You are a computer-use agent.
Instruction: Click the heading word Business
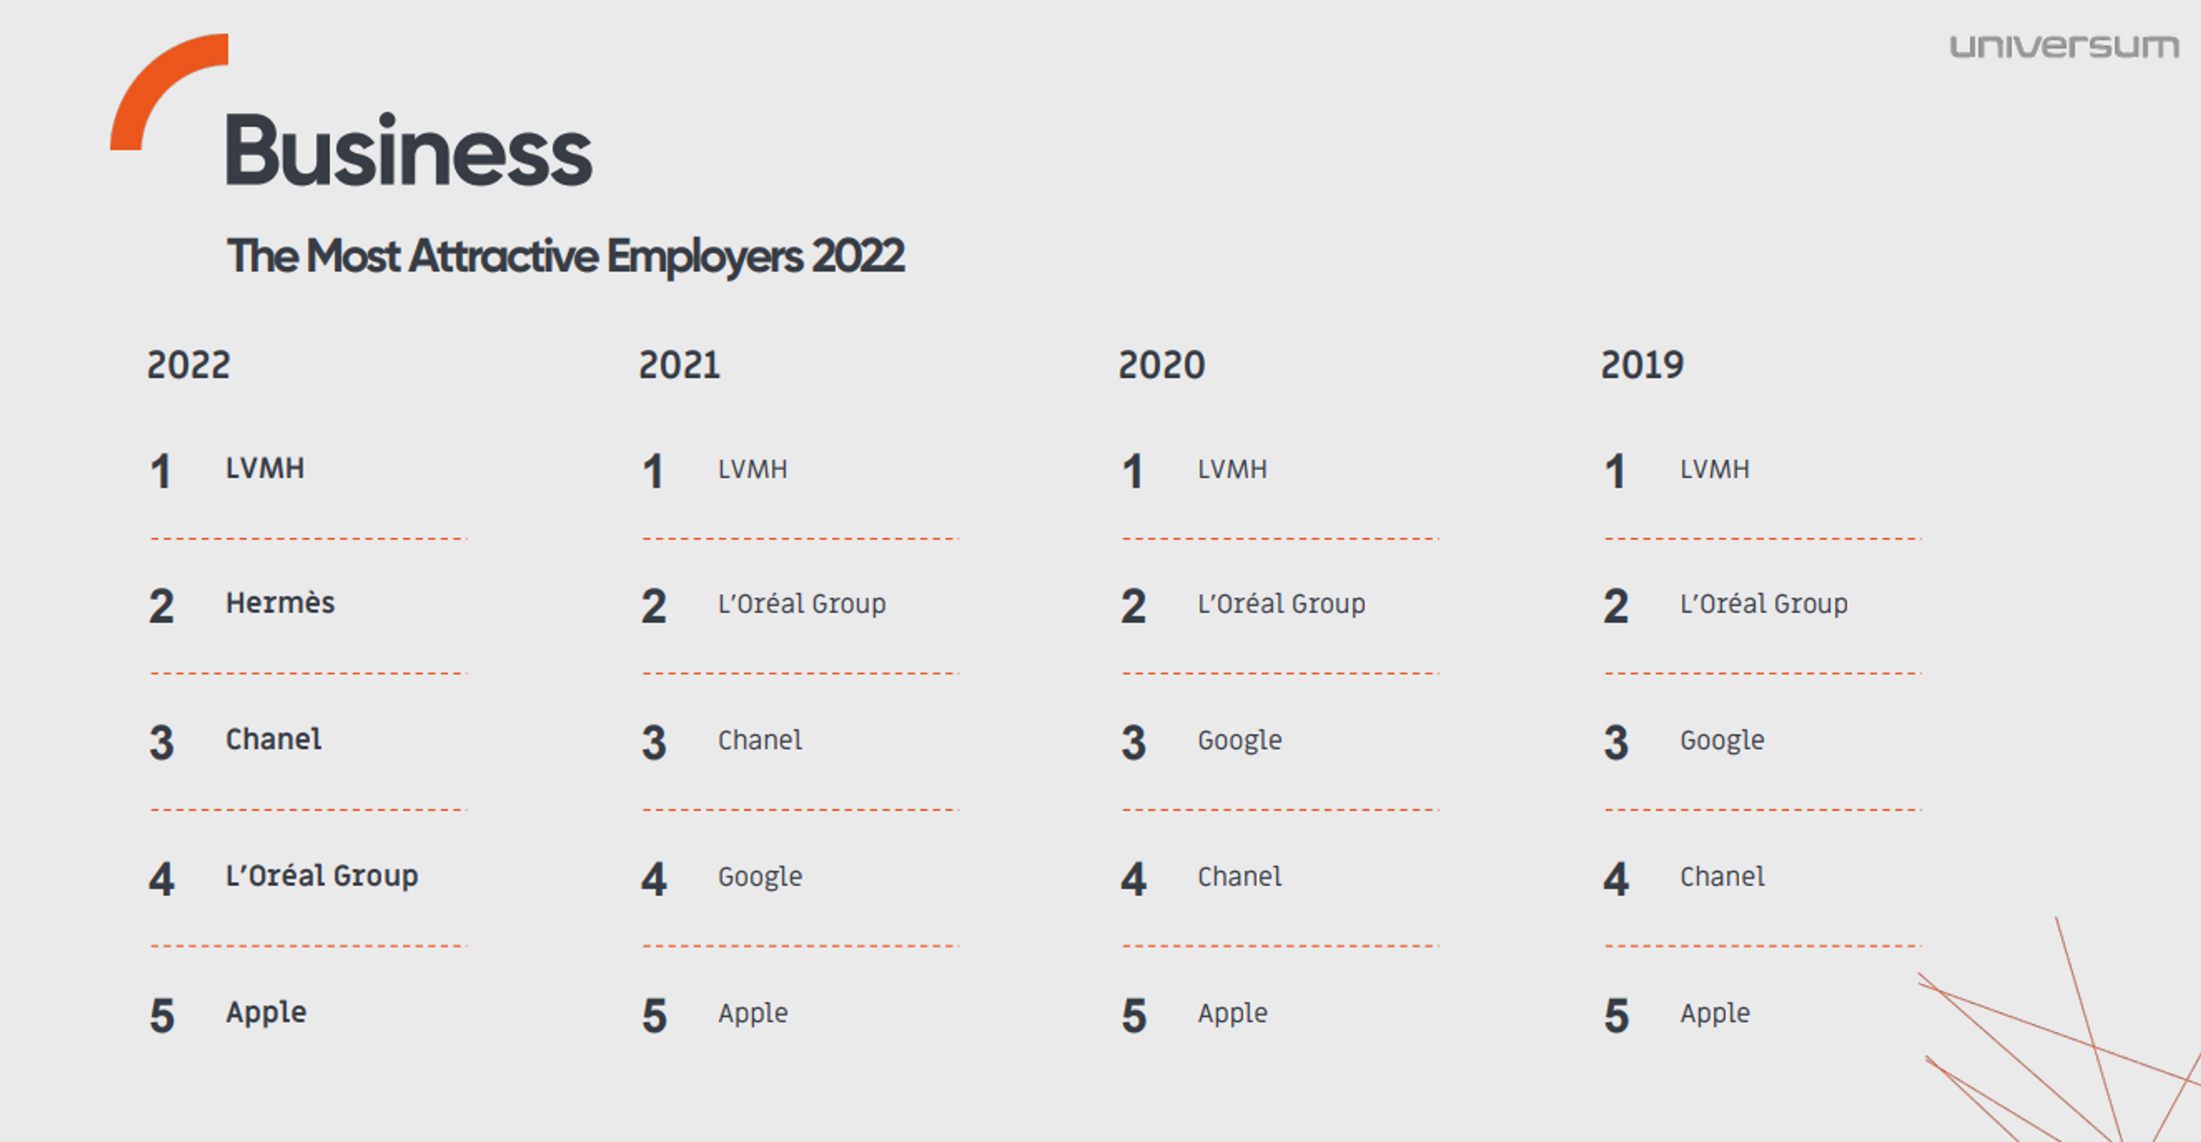[x=408, y=152]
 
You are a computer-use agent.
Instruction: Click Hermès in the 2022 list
[x=279, y=604]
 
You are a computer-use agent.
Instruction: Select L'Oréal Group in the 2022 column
[x=321, y=876]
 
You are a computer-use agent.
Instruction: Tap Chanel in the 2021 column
[x=760, y=740]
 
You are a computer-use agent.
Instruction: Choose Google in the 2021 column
[x=760, y=877]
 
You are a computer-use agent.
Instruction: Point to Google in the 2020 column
[x=1239, y=740]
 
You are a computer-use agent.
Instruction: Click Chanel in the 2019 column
[x=1722, y=877]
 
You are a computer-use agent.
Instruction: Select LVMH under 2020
[x=1232, y=469]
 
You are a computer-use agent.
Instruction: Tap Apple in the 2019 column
[x=1715, y=1013]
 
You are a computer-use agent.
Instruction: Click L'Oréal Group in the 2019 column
[x=1763, y=604]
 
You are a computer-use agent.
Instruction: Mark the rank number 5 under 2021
[x=655, y=1016]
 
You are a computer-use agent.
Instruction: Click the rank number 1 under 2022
[x=161, y=472]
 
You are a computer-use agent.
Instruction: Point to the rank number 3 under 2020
[x=1134, y=743]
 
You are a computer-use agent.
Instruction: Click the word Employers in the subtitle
[x=704, y=257]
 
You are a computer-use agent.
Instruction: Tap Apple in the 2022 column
[x=266, y=1013]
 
